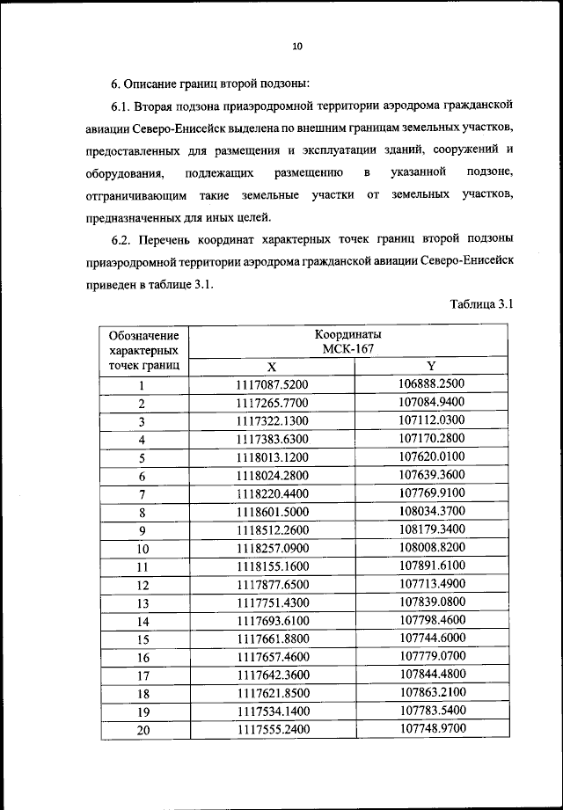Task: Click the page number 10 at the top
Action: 296,47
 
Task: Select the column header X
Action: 272,366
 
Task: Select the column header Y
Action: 431,365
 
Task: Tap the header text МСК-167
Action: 348,349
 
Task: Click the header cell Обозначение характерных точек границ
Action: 143,349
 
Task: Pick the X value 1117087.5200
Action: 272,384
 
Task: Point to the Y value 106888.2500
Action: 431,383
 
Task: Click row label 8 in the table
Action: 141,512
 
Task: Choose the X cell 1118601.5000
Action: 272,512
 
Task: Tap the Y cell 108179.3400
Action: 431,529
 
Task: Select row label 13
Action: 143,603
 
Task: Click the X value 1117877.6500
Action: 272,584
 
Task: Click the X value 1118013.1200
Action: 272,457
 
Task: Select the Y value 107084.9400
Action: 431,402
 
